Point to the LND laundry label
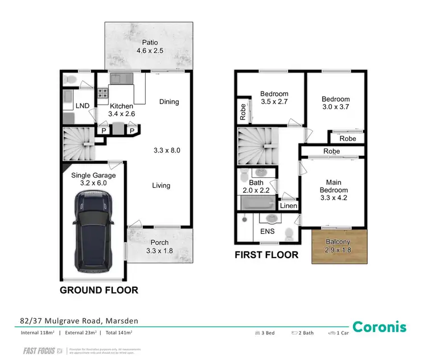pos(82,106)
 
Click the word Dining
pos(169,102)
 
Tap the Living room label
pos(161,185)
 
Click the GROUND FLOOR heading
pos(100,290)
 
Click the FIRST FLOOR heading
pos(266,255)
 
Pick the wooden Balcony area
pos(340,246)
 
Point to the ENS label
pos(267,231)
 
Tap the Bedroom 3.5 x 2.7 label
pos(274,98)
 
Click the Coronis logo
pos(379,326)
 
